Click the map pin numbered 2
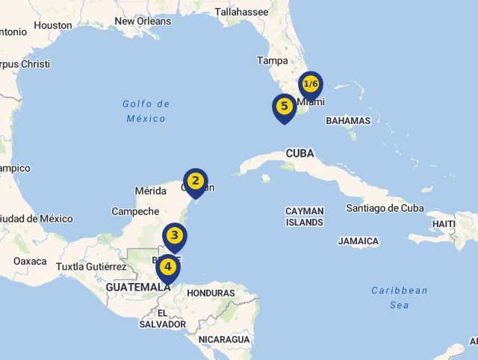pyautogui.click(x=196, y=181)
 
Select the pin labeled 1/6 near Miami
pyautogui.click(x=311, y=84)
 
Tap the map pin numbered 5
pyautogui.click(x=284, y=107)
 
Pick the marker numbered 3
pyautogui.click(x=175, y=236)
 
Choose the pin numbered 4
pyautogui.click(x=168, y=267)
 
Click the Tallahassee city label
pyautogui.click(x=241, y=12)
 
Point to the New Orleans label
pyautogui.click(x=143, y=22)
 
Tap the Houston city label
pyautogui.click(x=54, y=25)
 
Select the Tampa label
pyautogui.click(x=272, y=60)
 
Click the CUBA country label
pyautogui.click(x=299, y=153)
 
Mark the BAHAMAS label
pyautogui.click(x=348, y=120)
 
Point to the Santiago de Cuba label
pyautogui.click(x=385, y=208)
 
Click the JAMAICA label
pyautogui.click(x=358, y=241)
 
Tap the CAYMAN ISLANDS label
pyautogui.click(x=305, y=217)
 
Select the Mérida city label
pyautogui.click(x=150, y=191)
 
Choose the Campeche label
pyautogui.click(x=135, y=211)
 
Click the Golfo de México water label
pyautogui.click(x=146, y=111)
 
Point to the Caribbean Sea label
pyautogui.click(x=399, y=297)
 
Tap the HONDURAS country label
pyautogui.click(x=211, y=294)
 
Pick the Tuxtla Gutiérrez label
pyautogui.click(x=91, y=267)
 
